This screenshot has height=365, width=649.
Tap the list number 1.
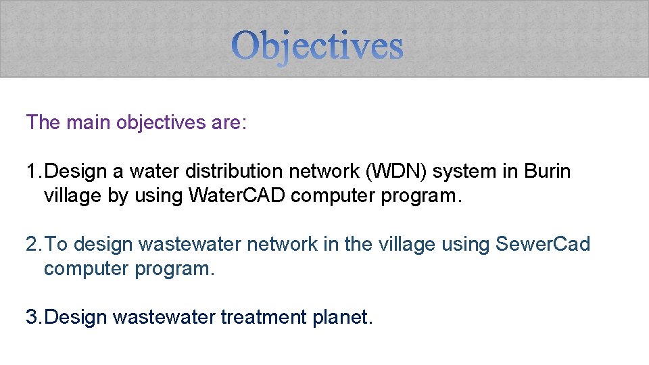[x=32, y=172]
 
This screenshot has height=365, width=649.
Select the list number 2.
[x=32, y=244]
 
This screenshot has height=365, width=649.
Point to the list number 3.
[x=32, y=316]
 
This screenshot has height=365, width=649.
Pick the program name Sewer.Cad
[x=543, y=244]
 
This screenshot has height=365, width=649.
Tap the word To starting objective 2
[x=59, y=244]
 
